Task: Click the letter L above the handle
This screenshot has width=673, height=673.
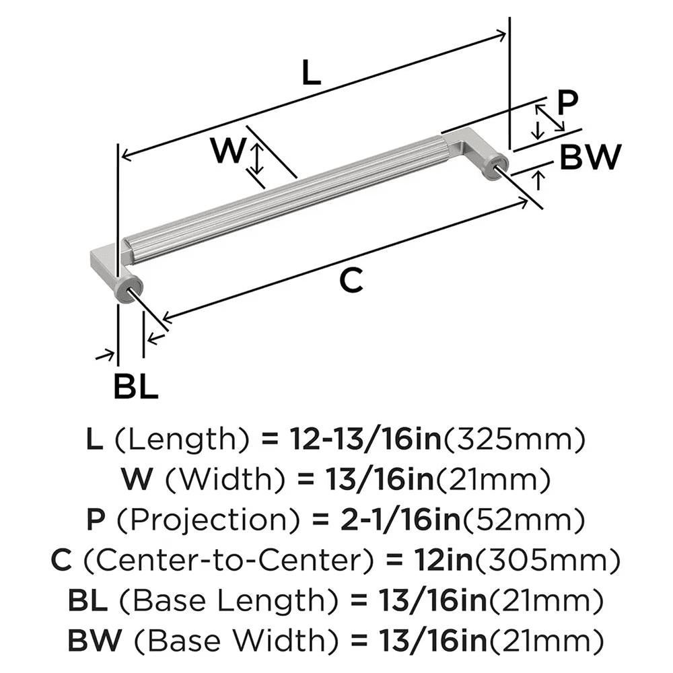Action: [310, 72]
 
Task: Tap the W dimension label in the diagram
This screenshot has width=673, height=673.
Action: [226, 150]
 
